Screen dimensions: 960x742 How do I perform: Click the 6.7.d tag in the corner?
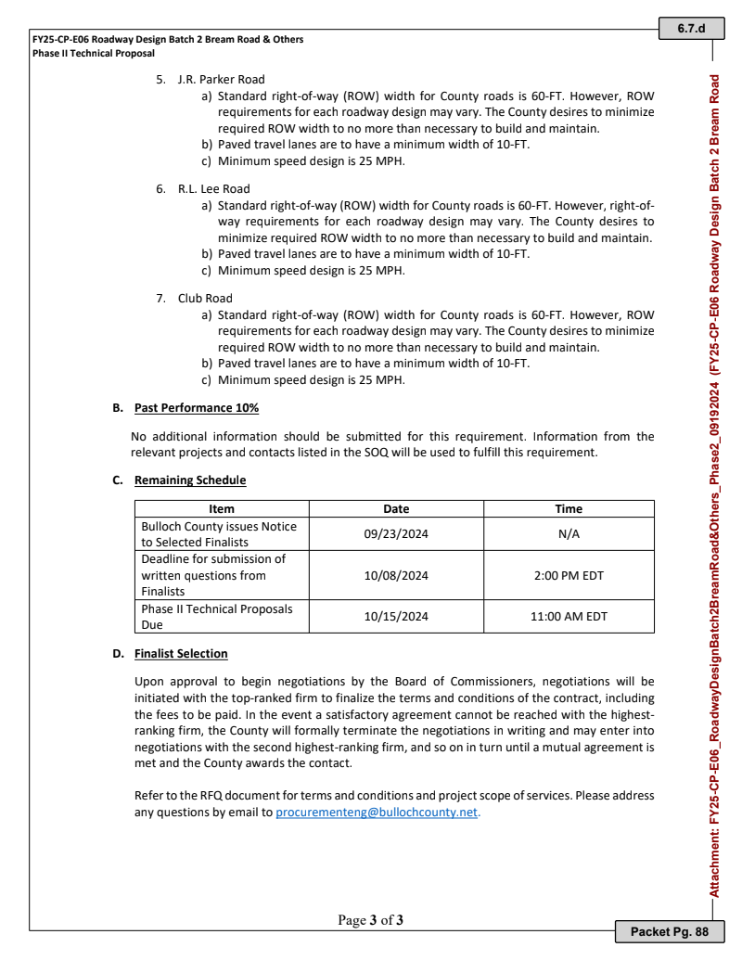(x=691, y=29)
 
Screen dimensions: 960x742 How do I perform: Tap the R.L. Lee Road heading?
(x=213, y=189)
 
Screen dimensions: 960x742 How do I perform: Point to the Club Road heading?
(x=205, y=299)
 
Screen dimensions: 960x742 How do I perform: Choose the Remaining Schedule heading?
(x=190, y=480)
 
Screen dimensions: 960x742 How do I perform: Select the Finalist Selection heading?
(x=181, y=654)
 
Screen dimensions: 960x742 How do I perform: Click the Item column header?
(x=222, y=508)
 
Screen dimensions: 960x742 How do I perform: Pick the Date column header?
(x=396, y=508)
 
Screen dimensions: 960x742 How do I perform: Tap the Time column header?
(x=569, y=508)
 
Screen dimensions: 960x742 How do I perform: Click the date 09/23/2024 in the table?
(x=396, y=534)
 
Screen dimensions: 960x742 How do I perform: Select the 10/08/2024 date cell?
(x=396, y=575)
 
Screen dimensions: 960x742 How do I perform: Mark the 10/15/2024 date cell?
(x=396, y=616)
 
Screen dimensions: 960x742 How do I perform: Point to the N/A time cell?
(x=569, y=534)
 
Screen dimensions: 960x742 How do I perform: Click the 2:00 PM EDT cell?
(x=569, y=575)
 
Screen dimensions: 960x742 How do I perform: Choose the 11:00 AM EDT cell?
(x=569, y=616)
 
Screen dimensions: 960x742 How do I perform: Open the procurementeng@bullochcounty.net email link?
(x=377, y=812)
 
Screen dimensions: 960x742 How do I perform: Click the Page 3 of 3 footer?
(x=371, y=921)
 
